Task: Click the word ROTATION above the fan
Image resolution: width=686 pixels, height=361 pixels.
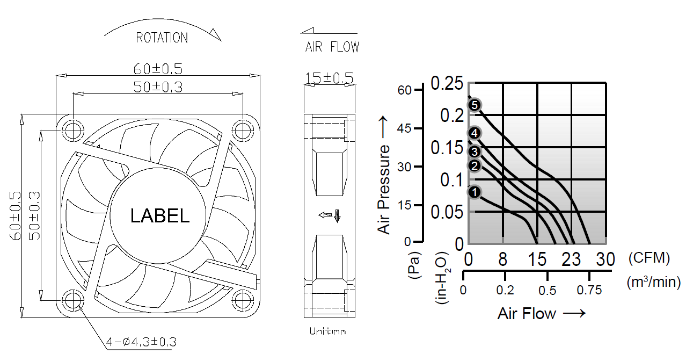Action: (x=162, y=38)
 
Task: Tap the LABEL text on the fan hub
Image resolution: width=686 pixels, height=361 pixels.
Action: (x=160, y=215)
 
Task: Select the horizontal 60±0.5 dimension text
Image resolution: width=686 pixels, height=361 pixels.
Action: (x=158, y=69)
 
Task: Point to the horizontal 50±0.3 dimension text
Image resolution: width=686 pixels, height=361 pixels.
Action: (x=158, y=87)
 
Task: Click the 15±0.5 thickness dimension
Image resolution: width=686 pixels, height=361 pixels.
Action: (x=330, y=78)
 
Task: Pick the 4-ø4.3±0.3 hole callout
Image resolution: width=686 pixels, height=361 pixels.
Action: (x=142, y=342)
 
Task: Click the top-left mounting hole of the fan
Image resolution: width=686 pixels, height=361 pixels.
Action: (x=73, y=131)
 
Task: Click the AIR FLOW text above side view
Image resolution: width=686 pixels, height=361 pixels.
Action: (x=332, y=47)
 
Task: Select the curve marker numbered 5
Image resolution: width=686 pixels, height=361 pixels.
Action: (x=475, y=105)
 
